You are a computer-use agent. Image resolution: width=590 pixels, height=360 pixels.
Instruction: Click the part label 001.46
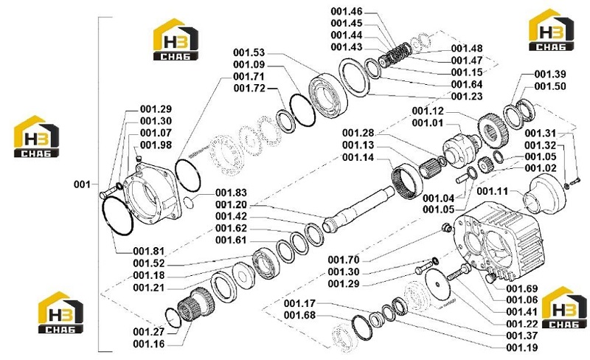[x=347, y=11]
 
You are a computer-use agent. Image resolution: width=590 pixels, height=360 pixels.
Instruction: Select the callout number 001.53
[x=249, y=52]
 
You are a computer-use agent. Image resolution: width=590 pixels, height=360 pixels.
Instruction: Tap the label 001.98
[x=156, y=145]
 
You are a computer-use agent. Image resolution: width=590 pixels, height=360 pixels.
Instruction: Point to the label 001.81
[x=149, y=251]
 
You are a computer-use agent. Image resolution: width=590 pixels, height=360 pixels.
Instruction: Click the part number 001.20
[x=231, y=205]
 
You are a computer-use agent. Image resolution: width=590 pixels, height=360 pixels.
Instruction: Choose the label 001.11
[x=493, y=191]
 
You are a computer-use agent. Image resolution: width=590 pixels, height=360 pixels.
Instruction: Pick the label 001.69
[x=522, y=289]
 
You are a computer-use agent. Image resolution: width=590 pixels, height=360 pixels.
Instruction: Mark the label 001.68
[x=300, y=315]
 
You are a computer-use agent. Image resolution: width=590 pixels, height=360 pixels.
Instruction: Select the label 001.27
[x=149, y=332]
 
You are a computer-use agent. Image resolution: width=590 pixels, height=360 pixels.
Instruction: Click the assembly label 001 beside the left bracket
[x=82, y=184]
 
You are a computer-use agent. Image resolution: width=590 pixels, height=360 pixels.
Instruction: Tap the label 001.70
[x=344, y=260]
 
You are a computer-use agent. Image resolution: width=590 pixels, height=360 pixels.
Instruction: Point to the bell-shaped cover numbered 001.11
[x=544, y=195]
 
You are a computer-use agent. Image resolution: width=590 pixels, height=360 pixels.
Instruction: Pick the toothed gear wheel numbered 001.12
[x=493, y=131]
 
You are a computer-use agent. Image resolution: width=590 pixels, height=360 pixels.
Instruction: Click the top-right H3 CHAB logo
[x=551, y=30]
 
